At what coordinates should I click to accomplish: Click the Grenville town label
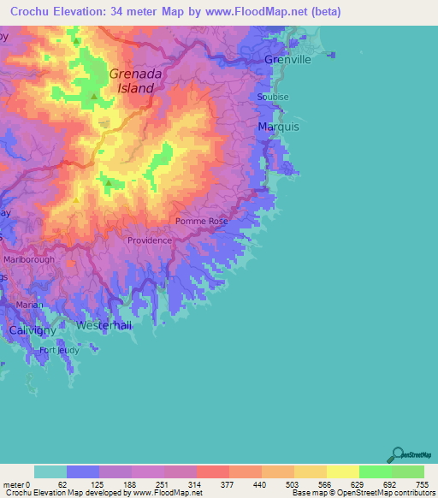287,60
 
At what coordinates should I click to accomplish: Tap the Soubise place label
273,98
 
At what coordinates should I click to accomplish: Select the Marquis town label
278,127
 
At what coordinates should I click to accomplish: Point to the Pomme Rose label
202,222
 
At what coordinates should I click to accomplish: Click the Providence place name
150,240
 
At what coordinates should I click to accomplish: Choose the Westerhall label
103,326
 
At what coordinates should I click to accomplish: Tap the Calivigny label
32,329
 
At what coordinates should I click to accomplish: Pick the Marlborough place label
29,259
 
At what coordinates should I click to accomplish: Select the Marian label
29,304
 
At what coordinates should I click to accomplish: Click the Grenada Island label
132,80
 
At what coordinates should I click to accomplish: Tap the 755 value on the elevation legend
422,483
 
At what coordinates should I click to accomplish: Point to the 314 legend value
195,483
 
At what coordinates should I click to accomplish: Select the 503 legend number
293,483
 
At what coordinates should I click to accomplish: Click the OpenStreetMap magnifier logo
398,456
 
